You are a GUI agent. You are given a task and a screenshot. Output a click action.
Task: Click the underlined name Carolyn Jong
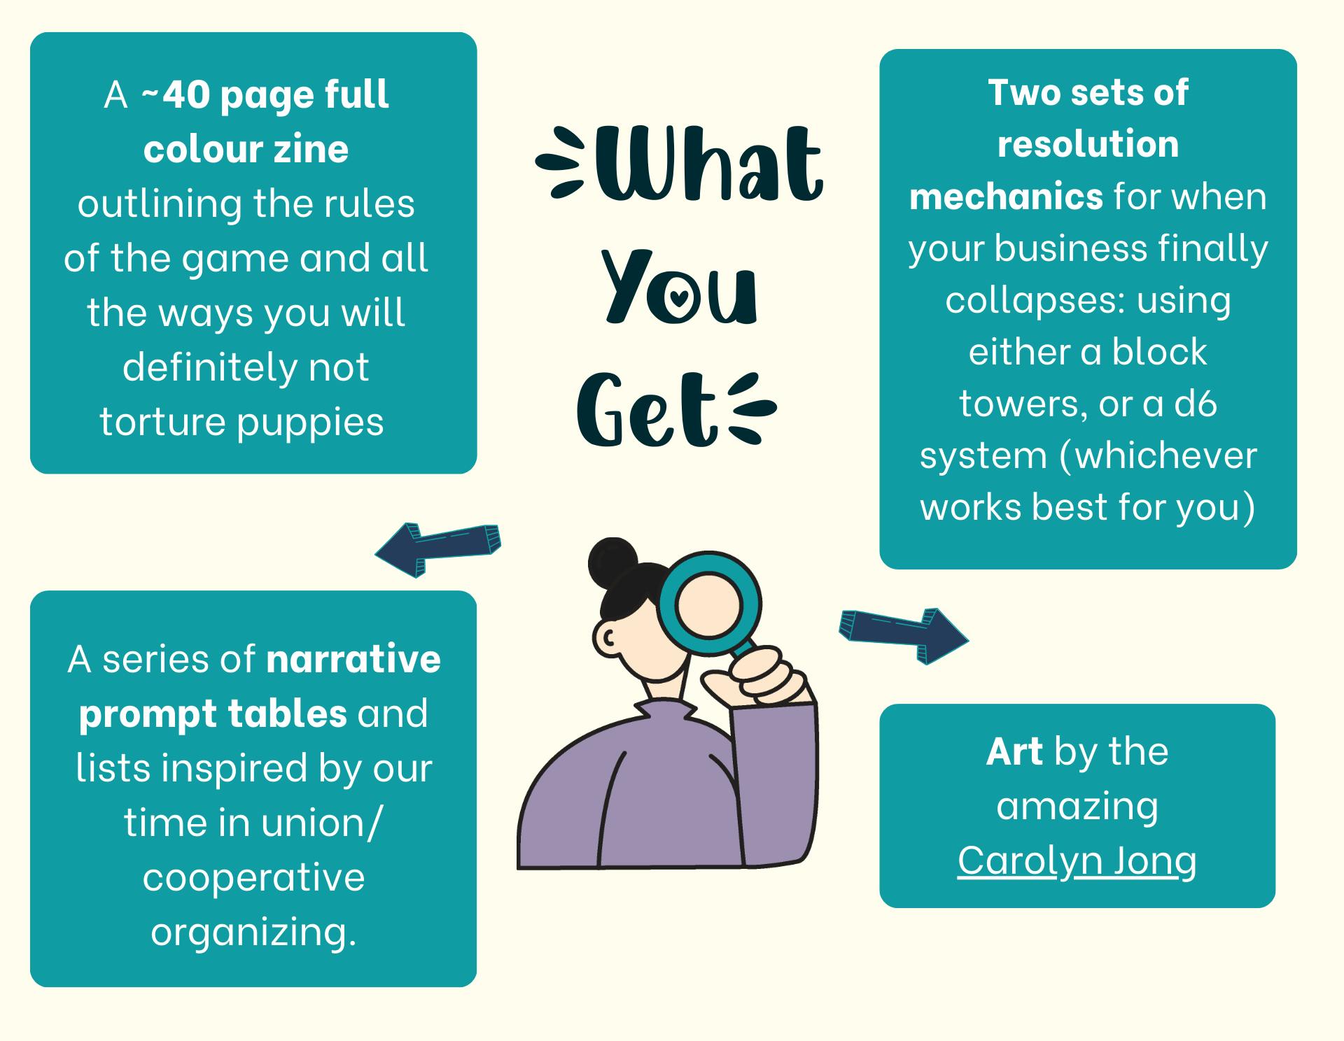click(x=1077, y=861)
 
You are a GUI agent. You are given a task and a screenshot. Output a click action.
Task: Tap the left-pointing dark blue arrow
click(x=438, y=549)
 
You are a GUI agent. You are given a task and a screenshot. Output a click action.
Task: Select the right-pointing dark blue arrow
click(x=904, y=635)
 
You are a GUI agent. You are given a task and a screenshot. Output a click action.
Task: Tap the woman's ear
click(x=606, y=637)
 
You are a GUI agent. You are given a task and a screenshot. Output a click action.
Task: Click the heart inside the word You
click(x=678, y=297)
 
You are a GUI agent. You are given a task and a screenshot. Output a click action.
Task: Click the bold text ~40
click(x=176, y=94)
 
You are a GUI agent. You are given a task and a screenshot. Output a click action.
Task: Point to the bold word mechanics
click(x=1006, y=197)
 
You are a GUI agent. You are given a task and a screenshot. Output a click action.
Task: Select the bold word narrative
click(x=353, y=659)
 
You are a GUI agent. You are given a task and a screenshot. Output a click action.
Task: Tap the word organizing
click(x=253, y=933)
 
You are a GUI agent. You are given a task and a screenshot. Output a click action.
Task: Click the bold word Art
click(x=1014, y=751)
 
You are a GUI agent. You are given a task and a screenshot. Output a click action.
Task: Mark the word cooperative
click(x=253, y=878)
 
